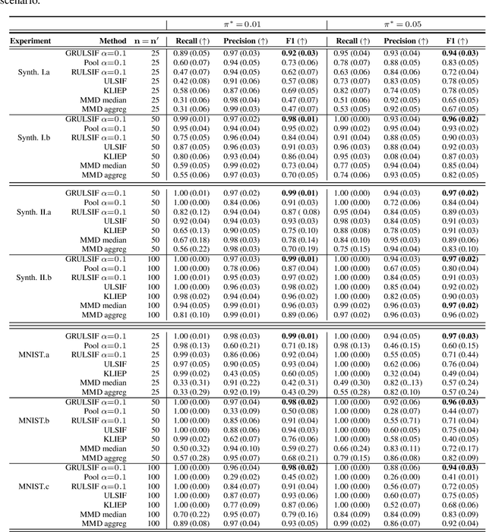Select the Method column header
113,40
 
